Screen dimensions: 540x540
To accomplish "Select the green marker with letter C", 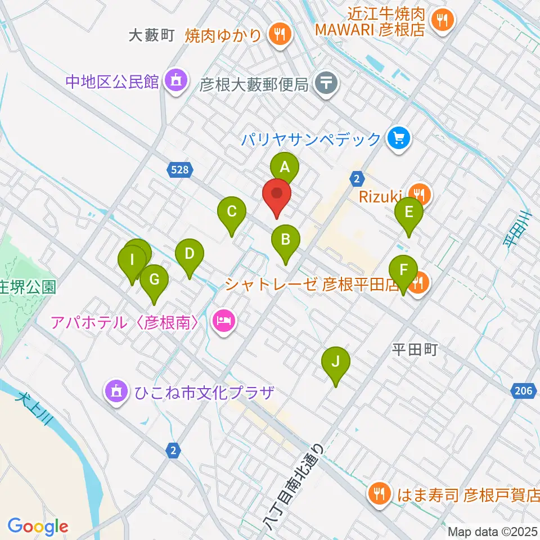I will click(x=232, y=213).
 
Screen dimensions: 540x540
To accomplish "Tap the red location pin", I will click(x=276, y=195).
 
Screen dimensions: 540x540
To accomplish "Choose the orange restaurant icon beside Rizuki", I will click(x=419, y=194).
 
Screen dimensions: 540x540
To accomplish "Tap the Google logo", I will click(x=38, y=526).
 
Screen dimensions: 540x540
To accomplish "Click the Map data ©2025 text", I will click(x=493, y=531).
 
